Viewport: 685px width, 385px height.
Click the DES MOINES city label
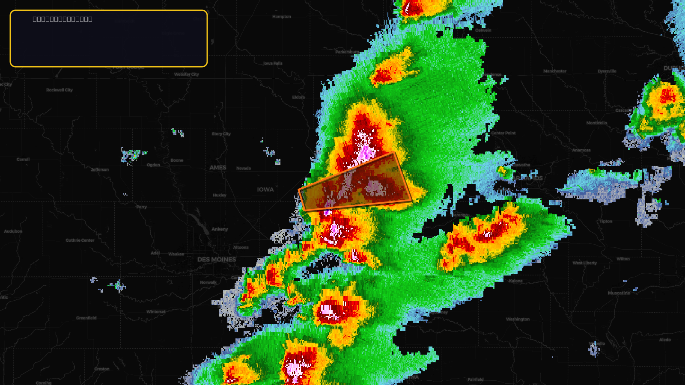pyautogui.click(x=217, y=260)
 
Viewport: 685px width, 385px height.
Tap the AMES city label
pyautogui.click(x=218, y=168)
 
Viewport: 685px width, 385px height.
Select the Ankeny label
pyautogui.click(x=220, y=229)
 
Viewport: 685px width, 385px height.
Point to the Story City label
pyautogui.click(x=221, y=134)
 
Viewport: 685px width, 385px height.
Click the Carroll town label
pyautogui.click(x=23, y=160)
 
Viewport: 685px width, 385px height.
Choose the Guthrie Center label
pyautogui.click(x=80, y=240)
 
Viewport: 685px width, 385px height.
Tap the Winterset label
pyautogui.click(x=156, y=312)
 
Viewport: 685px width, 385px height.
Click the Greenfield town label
pyautogui.click(x=86, y=318)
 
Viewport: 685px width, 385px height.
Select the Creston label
pyautogui.click(x=102, y=369)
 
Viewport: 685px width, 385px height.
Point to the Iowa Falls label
pyautogui.click(x=273, y=63)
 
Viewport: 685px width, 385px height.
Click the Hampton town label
pyautogui.click(x=282, y=17)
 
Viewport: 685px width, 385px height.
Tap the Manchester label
pyautogui.click(x=555, y=71)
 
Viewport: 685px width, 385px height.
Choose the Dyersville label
pyautogui.click(x=607, y=71)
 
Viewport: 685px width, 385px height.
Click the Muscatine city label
pyautogui.click(x=619, y=293)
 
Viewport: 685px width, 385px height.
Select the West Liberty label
pyautogui.click(x=585, y=263)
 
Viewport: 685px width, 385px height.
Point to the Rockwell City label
pyautogui.click(x=60, y=90)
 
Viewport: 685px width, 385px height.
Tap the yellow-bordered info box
pyautogui.click(x=109, y=38)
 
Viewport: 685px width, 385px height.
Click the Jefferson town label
pyautogui.click(x=100, y=170)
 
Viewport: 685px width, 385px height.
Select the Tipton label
pyautogui.click(x=606, y=222)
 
